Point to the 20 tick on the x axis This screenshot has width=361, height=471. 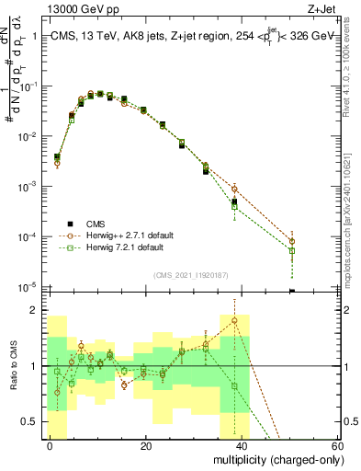point(146,446)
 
